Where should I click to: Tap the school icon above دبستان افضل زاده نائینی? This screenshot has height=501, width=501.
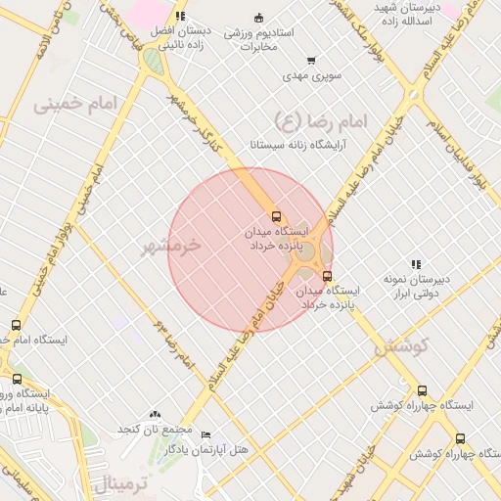pos(180,17)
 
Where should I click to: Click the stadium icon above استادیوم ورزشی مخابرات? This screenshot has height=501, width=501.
pos(258,18)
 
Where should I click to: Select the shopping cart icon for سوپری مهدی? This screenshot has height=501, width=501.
pos(311,61)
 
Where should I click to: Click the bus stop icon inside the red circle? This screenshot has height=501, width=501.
pos(276,216)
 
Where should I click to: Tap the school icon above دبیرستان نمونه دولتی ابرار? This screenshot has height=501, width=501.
pos(416,264)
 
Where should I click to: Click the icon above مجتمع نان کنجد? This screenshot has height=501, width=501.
pos(154,415)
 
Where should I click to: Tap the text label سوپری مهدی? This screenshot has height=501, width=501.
pos(309,74)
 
